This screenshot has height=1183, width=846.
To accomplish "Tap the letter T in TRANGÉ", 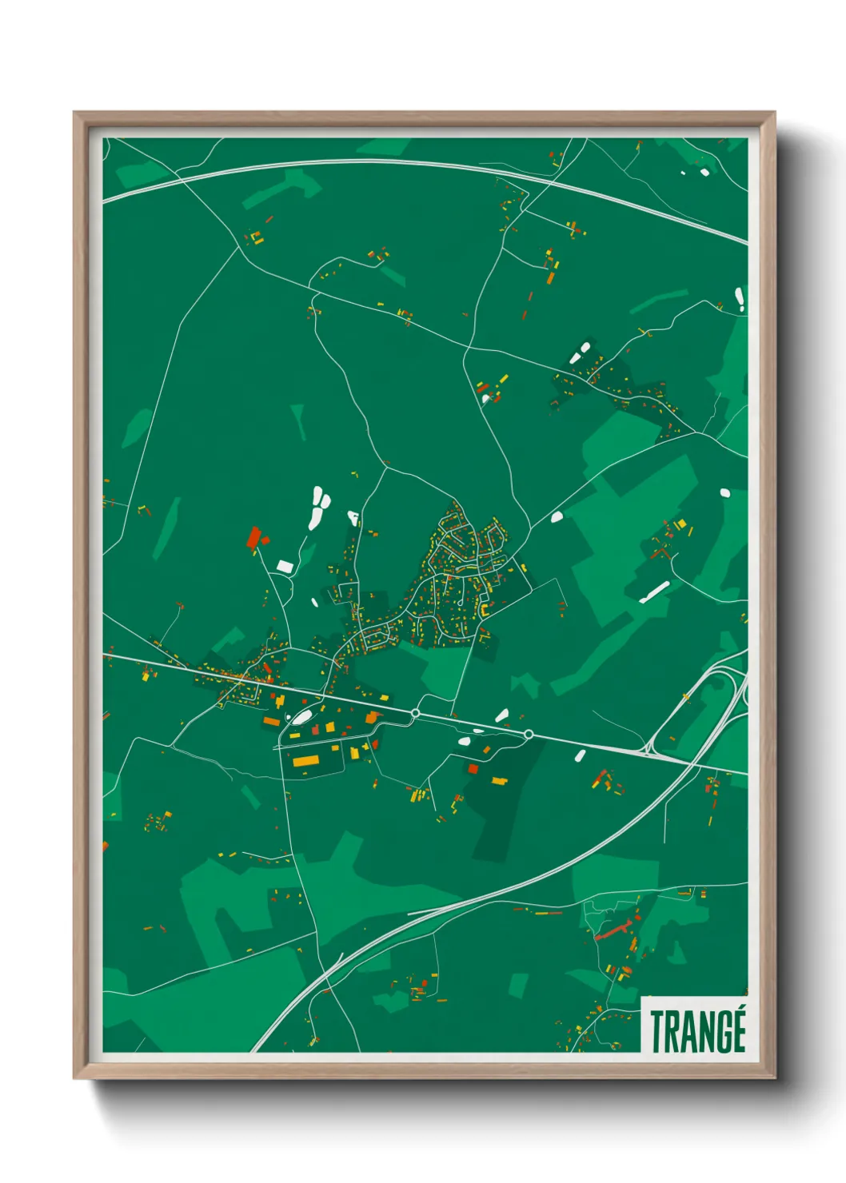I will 657,1031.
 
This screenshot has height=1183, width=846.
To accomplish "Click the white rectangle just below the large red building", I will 285,566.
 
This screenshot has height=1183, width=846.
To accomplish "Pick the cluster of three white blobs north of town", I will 319,508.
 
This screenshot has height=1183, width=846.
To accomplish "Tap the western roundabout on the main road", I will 415,712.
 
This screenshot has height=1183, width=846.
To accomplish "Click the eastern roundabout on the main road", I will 529,734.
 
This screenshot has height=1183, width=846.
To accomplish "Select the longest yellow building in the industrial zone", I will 305,760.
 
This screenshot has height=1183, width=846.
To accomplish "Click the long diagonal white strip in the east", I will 654,591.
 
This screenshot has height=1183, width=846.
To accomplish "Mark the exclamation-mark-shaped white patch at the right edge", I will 740,299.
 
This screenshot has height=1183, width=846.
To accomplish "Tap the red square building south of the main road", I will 473,769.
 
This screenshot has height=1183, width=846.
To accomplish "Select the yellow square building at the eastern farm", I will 681,524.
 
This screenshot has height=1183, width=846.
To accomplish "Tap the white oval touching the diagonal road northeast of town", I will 557,517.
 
